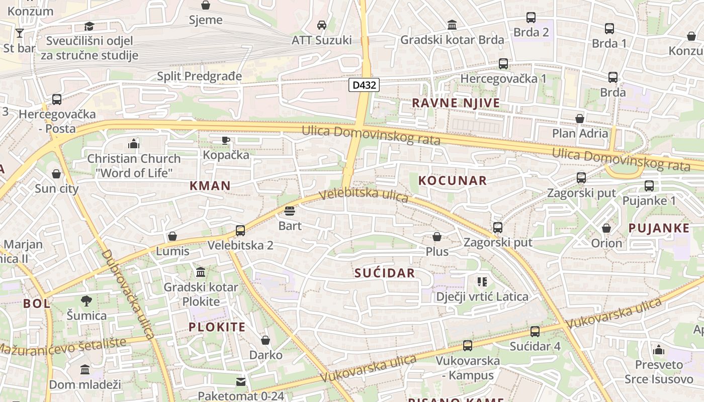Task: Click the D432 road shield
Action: tap(364, 85)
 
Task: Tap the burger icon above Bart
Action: tap(290, 211)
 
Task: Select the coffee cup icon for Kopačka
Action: tap(226, 140)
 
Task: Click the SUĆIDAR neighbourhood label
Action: tap(385, 273)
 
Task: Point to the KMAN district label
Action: tap(210, 185)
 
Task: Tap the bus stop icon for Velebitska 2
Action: tap(240, 231)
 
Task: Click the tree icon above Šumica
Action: tap(86, 301)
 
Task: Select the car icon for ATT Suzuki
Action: tap(322, 25)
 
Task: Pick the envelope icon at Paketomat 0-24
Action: tap(241, 382)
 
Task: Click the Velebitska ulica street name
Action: tap(364, 195)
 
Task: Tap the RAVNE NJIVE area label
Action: tap(456, 103)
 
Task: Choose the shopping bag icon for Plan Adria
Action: tap(580, 119)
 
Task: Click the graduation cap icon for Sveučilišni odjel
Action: tap(89, 26)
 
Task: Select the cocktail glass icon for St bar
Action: tap(20, 33)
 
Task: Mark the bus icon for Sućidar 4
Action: tap(535, 332)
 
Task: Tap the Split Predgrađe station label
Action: tap(200, 76)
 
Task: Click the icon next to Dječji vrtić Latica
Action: tap(482, 282)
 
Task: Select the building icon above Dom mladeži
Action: tap(85, 370)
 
